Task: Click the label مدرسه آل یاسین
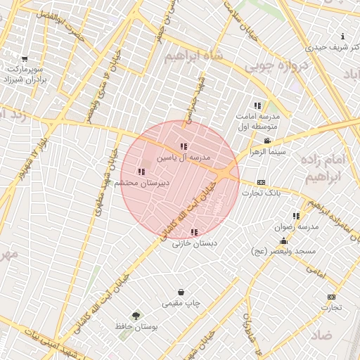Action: pos(184,158)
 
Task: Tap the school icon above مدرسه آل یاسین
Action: pos(184,146)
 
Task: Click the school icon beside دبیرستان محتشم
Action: pos(141,172)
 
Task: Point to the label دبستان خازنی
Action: pos(195,243)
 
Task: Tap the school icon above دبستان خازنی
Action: pos(194,232)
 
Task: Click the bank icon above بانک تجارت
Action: pos(261,182)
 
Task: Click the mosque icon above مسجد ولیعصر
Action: pos(283,241)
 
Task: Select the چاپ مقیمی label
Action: pos(181,303)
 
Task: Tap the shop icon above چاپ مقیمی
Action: pos(181,292)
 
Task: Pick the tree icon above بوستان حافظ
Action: pos(136,316)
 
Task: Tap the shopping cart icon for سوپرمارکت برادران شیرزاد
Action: pos(25,59)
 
